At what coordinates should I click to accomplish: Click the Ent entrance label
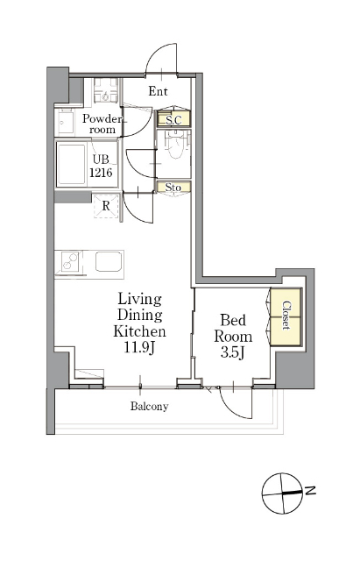click(x=158, y=91)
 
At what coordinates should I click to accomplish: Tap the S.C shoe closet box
click(x=173, y=119)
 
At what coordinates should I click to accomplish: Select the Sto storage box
click(x=173, y=187)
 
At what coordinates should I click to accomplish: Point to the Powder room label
click(x=102, y=124)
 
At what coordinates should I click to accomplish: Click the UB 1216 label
click(x=101, y=166)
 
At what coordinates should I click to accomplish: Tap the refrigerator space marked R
click(x=106, y=206)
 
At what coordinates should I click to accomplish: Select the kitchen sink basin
click(x=109, y=261)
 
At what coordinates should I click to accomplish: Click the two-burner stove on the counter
click(x=70, y=261)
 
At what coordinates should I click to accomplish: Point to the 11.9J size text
click(x=139, y=347)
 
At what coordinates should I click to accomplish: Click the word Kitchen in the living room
click(x=140, y=331)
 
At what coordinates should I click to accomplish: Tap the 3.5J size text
click(x=232, y=352)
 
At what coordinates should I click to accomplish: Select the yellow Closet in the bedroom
click(x=286, y=316)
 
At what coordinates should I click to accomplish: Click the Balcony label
click(x=150, y=407)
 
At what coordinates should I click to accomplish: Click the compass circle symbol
click(x=282, y=494)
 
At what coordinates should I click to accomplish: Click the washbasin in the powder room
click(x=67, y=123)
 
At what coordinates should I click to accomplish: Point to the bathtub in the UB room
click(x=71, y=164)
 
